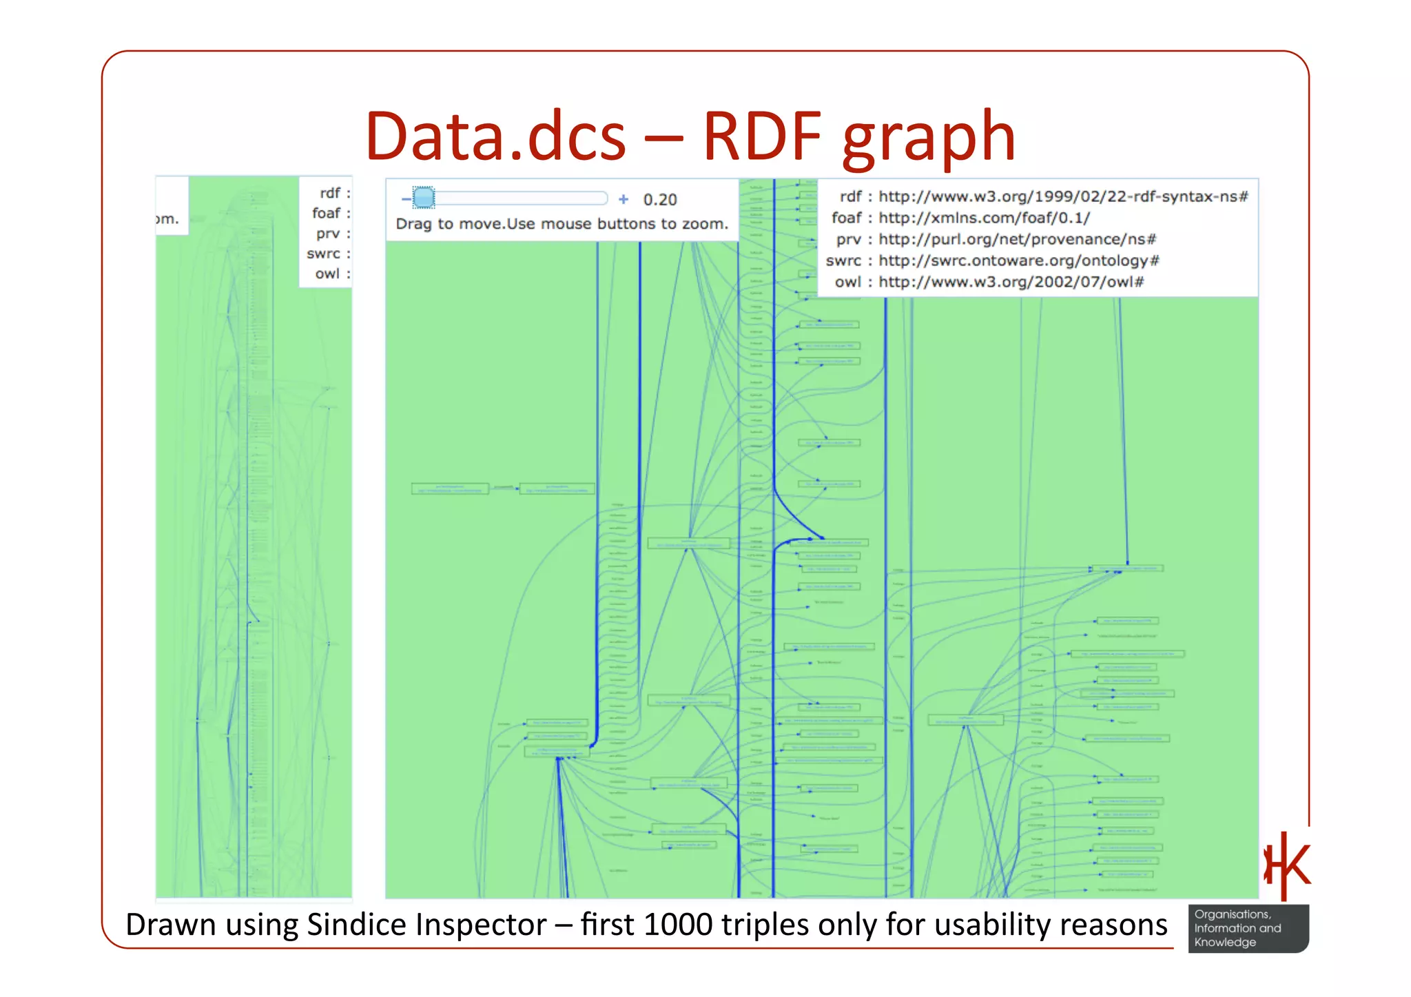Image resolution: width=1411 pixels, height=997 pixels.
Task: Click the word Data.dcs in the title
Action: [x=495, y=136]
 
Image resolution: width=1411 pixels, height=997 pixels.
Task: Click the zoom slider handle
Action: [x=424, y=198]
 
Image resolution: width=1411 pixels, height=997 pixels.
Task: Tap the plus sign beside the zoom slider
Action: [x=624, y=199]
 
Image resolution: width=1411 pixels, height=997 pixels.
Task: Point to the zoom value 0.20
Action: [x=660, y=200]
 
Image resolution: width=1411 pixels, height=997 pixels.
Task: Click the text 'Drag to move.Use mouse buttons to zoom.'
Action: [x=562, y=224]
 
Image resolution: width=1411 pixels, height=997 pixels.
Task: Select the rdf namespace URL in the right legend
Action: [x=1063, y=196]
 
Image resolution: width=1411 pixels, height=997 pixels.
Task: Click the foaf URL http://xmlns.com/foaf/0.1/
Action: [x=984, y=218]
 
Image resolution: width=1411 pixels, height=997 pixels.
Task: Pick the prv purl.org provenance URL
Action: [x=1017, y=239]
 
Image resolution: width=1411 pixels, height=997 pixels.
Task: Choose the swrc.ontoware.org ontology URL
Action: [x=1019, y=260]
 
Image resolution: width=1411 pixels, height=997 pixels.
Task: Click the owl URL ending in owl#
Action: [x=1011, y=282]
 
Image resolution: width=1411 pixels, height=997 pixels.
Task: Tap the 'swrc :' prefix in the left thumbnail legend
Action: [x=328, y=254]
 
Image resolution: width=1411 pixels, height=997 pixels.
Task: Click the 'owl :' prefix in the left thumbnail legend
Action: [x=332, y=274]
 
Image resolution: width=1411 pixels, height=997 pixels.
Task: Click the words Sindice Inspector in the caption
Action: [x=426, y=925]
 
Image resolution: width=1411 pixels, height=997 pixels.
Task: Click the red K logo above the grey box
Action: [x=1287, y=865]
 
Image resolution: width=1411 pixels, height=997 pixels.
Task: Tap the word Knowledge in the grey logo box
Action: [x=1224, y=943]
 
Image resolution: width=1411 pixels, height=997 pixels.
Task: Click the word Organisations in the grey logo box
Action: [x=1232, y=914]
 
